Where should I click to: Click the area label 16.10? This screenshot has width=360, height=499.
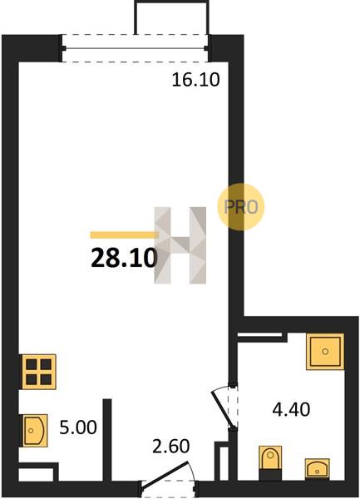(x=195, y=80)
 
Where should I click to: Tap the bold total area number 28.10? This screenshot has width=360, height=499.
(x=124, y=258)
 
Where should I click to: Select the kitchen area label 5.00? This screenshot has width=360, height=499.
(x=78, y=427)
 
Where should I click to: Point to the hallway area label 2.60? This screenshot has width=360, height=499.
(x=170, y=446)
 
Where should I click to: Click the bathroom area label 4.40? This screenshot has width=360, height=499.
(x=291, y=409)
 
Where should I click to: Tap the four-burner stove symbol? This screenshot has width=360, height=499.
(x=39, y=372)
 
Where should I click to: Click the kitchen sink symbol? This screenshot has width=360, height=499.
(x=34, y=431)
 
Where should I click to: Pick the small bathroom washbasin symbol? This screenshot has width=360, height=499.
(x=317, y=468)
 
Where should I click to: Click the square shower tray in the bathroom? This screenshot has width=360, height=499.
(x=325, y=351)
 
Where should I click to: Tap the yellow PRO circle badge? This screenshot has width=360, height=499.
(x=241, y=207)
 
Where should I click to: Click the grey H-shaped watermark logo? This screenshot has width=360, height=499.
(x=180, y=245)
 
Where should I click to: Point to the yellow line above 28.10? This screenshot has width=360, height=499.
(x=125, y=235)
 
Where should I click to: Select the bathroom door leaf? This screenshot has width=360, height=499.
(x=224, y=409)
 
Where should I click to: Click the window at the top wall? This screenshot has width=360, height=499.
(x=136, y=48)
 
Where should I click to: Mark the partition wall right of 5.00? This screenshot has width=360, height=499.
(x=107, y=440)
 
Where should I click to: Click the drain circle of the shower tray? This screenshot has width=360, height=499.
(x=325, y=351)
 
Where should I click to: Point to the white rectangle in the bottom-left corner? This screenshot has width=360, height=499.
(x=36, y=475)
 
